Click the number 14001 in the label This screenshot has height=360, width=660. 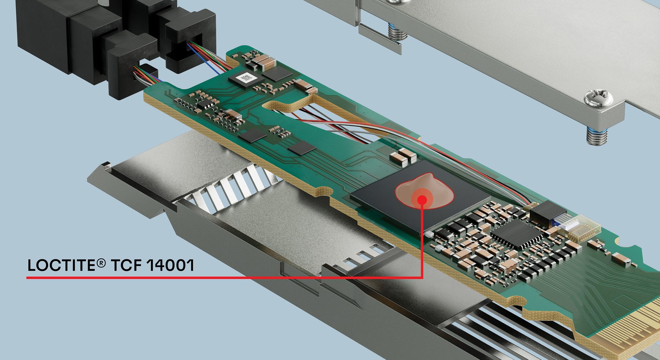coord(170,265)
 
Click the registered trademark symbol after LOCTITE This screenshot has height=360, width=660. coord(101,263)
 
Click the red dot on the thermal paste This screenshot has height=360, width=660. coord(422,199)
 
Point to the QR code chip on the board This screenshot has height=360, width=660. coord(246,78)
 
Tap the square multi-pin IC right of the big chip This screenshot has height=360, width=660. coord(516,234)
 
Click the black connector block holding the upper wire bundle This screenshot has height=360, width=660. coord(189,41)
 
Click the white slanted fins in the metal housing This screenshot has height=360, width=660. coord(234,187)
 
